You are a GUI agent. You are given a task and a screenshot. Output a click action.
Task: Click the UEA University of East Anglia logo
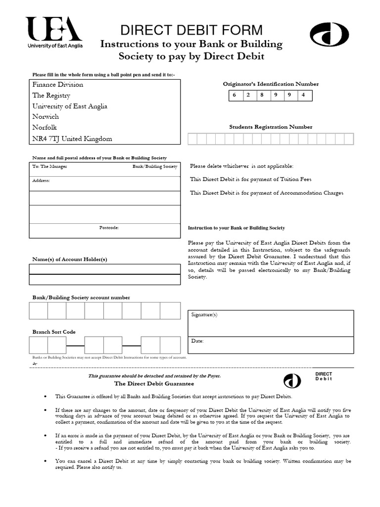pos(54,32)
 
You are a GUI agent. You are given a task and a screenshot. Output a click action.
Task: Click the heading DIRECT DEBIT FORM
pos(191,30)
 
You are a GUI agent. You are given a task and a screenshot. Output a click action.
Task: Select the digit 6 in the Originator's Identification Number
pos(235,95)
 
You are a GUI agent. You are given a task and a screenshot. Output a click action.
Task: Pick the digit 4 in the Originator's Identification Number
pos(303,95)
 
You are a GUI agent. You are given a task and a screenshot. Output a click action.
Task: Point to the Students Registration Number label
pos(271,127)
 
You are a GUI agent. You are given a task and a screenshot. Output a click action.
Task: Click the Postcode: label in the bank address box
pos(109,228)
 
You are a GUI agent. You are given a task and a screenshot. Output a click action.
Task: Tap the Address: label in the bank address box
pos(41,181)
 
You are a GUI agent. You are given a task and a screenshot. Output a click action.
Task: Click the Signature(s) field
pos(271,323)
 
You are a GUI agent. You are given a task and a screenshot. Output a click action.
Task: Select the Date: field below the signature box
pos(271,345)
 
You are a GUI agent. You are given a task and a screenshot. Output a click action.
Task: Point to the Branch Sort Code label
pos(54,332)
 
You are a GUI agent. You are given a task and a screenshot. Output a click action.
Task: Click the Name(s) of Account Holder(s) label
pos(70,259)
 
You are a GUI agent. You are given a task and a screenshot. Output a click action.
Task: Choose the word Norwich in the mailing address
pos(46,117)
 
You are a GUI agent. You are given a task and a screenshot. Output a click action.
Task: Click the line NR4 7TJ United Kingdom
pos(72,139)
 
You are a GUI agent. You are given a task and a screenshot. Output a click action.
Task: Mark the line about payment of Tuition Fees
pos(251,179)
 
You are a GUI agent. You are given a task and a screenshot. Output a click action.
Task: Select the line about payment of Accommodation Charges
pos(267,193)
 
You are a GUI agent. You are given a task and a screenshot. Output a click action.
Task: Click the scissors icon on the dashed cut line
pos(35,364)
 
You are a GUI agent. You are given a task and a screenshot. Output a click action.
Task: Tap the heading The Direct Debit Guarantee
pos(154,383)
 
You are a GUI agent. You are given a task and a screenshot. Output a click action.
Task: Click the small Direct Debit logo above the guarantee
pos(292,380)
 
